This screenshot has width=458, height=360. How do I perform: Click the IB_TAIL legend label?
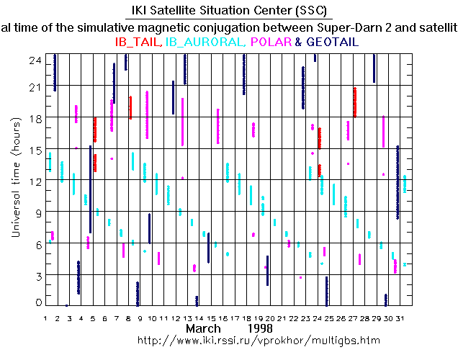138,42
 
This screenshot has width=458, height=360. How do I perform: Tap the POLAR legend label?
271,42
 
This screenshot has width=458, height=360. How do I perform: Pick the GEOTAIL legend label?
333,42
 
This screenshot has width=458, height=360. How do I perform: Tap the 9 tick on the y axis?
35,212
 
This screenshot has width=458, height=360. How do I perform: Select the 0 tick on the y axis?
35,302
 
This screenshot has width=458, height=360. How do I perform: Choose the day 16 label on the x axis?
227,318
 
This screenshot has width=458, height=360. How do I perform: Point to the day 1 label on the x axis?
45,318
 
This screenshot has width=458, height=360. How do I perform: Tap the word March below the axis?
204,328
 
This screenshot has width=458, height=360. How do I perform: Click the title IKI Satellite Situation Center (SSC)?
229,10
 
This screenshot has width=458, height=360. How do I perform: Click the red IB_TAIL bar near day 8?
130,107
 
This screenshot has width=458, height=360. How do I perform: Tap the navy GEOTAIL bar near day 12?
174,97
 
